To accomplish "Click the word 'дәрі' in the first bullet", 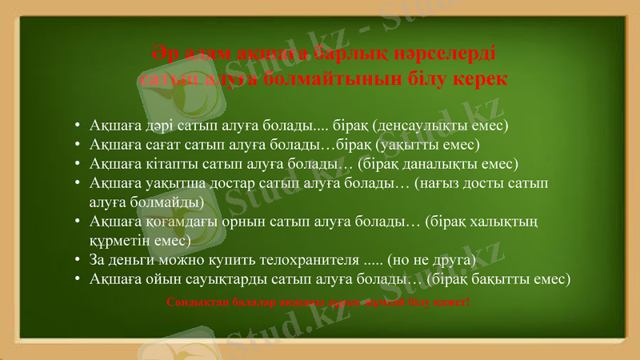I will (166, 126).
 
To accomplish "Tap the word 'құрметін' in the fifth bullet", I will (119, 239).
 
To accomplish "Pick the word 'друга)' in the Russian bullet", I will (454, 259).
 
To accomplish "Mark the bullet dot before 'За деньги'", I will (75, 259).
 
